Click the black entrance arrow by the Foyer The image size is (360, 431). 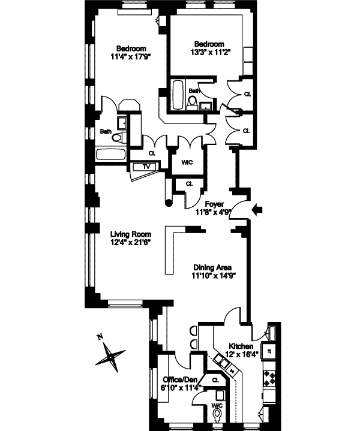coord(258,209)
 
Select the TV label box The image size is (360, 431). coord(146,167)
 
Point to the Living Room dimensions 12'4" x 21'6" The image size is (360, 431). coord(131,242)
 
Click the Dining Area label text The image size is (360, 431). coord(212,268)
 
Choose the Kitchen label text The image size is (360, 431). coord(239,346)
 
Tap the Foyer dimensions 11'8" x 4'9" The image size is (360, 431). coord(214,212)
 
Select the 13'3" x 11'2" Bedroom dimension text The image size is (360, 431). coord(209,52)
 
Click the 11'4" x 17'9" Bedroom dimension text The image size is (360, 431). coord(130,57)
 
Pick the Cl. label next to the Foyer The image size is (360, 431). coord(188,183)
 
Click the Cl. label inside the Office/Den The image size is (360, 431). coord(215,379)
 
